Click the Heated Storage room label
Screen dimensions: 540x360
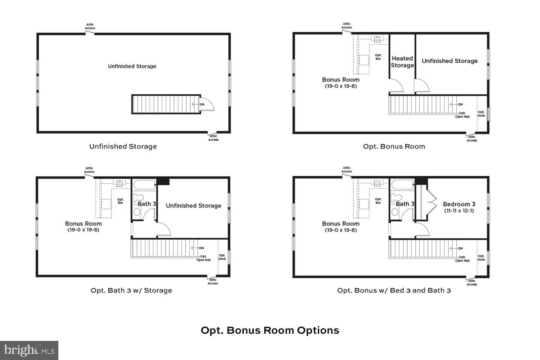[x=402, y=62]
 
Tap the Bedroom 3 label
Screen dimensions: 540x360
[x=459, y=204]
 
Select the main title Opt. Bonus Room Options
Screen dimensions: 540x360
[x=270, y=330]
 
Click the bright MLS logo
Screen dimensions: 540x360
[x=29, y=350]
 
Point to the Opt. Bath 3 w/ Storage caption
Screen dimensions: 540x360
[x=131, y=290]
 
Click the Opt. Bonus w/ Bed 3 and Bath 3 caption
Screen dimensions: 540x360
[x=394, y=290]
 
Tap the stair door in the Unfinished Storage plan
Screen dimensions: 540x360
[x=207, y=104]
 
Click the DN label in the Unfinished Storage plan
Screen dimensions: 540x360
[x=202, y=104]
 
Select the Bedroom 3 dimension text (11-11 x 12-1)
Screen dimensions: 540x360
[x=459, y=211]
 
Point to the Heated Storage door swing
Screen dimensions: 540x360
[x=396, y=85]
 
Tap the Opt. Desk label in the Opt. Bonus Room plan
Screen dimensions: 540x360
[x=481, y=114]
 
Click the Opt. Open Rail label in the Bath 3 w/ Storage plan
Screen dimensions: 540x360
[x=204, y=258]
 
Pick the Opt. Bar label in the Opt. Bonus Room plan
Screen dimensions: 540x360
[x=378, y=57]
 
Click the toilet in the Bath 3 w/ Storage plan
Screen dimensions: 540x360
[x=138, y=198]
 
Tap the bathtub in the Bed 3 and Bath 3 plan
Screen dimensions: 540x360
[x=402, y=185]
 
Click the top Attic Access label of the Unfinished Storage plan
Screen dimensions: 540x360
[x=90, y=26]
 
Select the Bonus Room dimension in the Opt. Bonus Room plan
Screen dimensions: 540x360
[x=340, y=86]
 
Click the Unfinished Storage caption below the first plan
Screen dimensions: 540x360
[x=123, y=146]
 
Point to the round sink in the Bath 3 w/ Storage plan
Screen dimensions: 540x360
[x=136, y=212]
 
